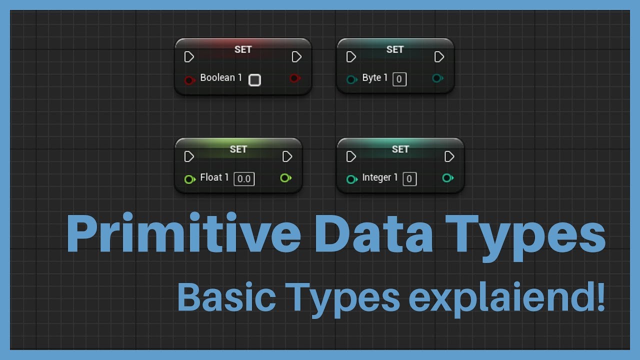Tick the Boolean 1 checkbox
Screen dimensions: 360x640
pos(254,80)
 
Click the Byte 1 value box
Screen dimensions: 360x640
pos(399,79)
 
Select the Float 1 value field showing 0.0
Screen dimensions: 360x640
pos(244,179)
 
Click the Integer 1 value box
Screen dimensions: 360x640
pos(409,179)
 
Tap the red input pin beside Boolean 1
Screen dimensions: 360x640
pos(189,80)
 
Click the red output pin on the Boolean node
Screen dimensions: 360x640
pos(294,78)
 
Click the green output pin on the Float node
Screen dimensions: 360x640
pos(285,177)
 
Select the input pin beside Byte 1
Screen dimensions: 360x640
pos(351,79)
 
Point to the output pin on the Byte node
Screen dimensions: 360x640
pos(437,78)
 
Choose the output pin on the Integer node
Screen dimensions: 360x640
pos(447,177)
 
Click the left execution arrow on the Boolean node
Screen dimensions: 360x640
pos(189,57)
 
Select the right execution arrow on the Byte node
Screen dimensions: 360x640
pos(439,57)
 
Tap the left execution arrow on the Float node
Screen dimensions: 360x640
pos(189,157)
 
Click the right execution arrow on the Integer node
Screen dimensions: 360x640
pos(449,157)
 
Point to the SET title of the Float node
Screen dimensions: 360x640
pos(238,149)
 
